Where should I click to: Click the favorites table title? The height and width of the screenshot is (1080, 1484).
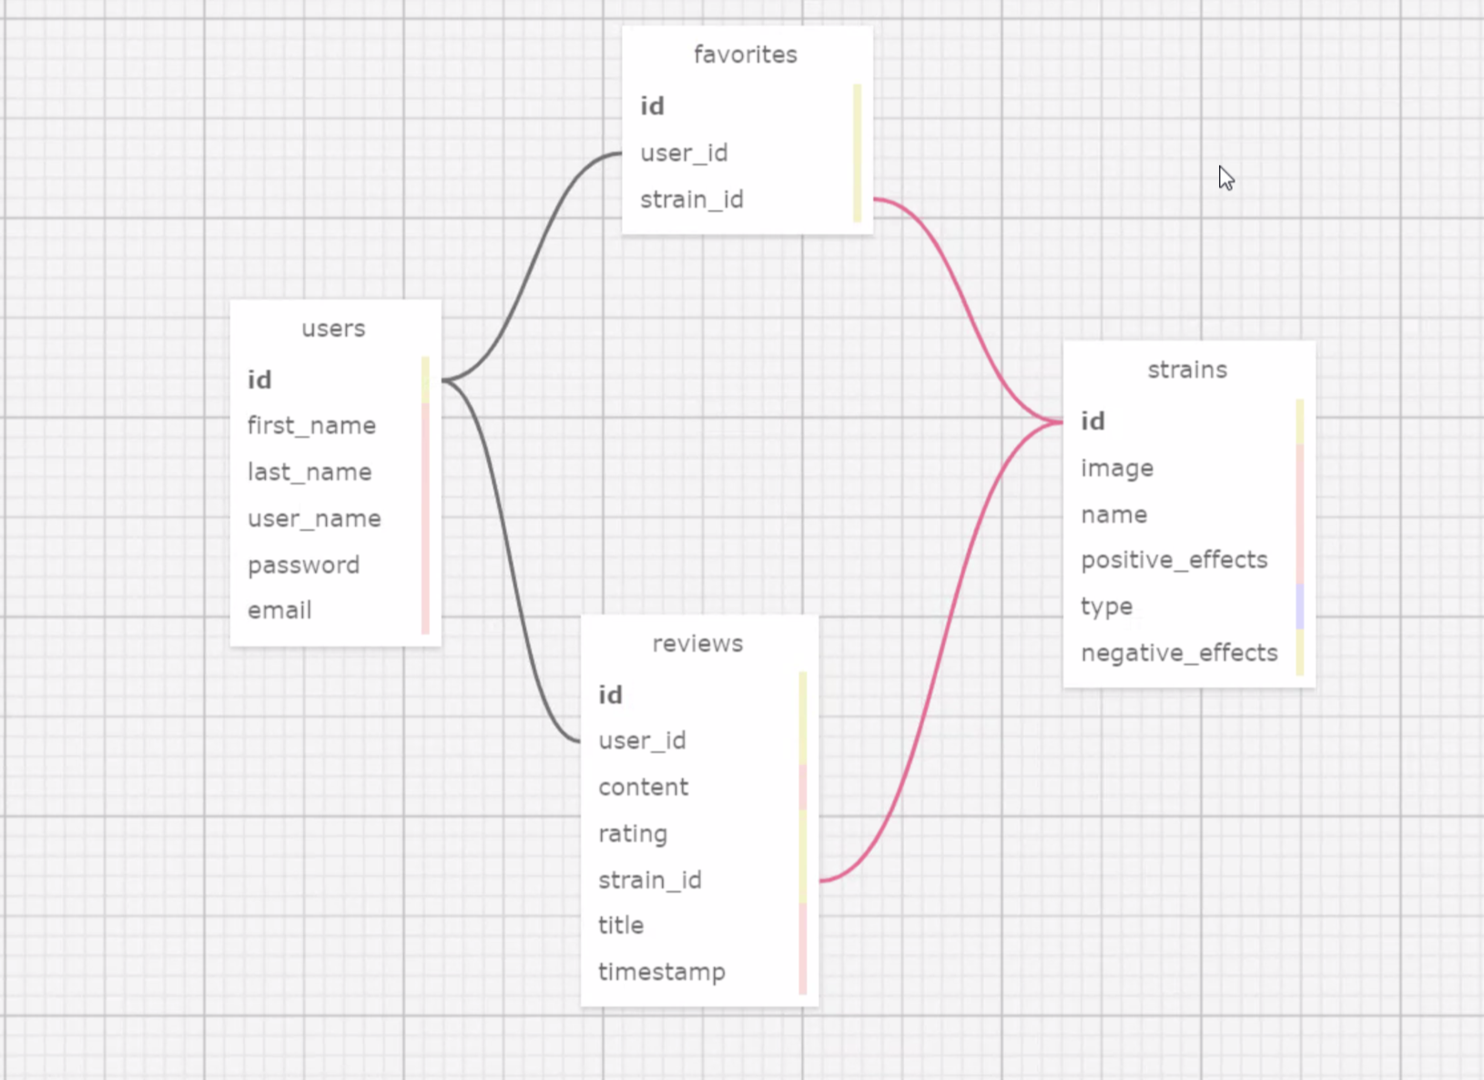745,55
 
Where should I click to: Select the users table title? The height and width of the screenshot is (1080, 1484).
333,329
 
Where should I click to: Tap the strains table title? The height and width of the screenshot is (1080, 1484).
1187,370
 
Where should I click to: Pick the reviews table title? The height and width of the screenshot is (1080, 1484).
697,644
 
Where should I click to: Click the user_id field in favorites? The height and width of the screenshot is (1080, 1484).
684,153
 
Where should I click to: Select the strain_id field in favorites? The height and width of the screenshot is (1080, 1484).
692,199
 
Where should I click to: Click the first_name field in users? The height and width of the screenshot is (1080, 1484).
311,425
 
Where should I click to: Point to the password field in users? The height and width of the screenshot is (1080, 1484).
303,565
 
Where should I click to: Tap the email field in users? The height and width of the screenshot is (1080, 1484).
280,610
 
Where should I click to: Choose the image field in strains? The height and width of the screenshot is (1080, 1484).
1117,468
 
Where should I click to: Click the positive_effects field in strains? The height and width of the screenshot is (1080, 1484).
1174,560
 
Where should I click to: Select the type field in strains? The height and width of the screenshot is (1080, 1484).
1106,606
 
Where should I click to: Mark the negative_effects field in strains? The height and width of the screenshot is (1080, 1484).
1179,653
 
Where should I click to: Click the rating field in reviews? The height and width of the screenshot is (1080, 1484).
633,833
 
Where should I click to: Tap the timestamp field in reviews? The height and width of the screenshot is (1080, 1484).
662,972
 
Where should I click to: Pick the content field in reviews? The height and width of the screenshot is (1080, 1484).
643,787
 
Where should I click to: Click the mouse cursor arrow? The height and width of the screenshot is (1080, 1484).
1225,178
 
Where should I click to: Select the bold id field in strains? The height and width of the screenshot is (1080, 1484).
1093,422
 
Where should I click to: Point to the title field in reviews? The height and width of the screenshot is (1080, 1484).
621,925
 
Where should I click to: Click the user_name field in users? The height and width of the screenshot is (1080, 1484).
314,518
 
